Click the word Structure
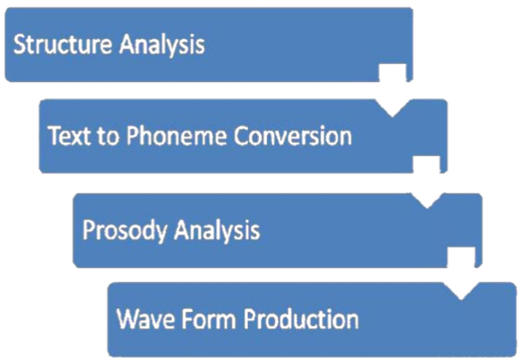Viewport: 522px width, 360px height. (63, 44)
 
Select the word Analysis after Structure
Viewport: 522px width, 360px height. (162, 45)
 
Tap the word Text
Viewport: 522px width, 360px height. (69, 136)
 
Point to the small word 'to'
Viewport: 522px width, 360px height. (108, 136)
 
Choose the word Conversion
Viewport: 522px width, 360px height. (293, 136)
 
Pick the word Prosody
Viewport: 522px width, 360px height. (125, 230)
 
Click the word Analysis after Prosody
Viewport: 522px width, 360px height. (217, 230)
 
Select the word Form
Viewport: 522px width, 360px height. (209, 319)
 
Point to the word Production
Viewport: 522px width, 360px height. (302, 319)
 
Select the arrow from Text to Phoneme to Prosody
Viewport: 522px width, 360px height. (427, 183)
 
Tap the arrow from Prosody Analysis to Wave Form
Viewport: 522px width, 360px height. (461, 274)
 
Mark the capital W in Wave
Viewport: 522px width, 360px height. (129, 319)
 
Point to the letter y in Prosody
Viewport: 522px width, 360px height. (161, 233)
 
